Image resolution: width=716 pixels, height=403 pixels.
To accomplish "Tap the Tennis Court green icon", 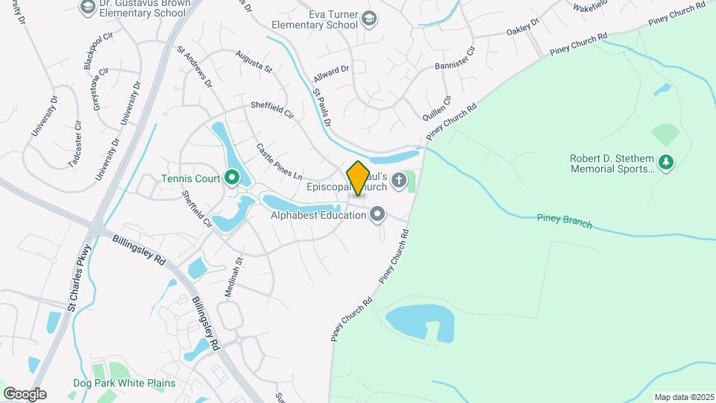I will tap(231, 178).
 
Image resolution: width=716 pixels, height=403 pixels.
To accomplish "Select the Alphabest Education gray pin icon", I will tap(378, 215).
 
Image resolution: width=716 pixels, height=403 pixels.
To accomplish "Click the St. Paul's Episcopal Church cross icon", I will tap(399, 179).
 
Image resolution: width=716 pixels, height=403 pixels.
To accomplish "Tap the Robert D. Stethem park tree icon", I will tap(667, 162).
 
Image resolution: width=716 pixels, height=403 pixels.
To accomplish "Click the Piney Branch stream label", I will tap(564, 221).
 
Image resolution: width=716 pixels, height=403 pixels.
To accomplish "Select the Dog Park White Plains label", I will tap(124, 383).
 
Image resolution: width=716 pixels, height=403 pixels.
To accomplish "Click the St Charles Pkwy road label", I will tap(79, 278).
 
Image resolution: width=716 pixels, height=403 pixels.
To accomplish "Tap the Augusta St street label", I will tap(254, 61).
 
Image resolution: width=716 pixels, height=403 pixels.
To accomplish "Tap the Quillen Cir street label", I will tap(437, 109).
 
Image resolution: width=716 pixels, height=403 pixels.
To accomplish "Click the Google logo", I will tap(25, 393).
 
